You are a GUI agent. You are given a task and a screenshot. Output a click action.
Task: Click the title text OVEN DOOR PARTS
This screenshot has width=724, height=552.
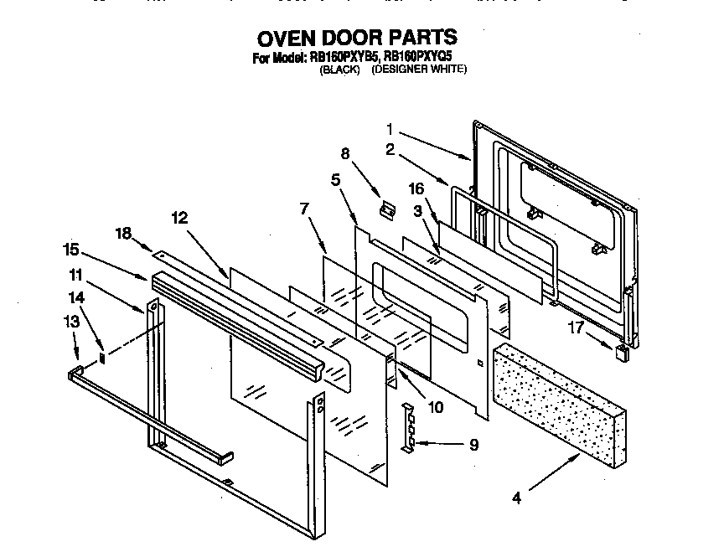tap(357, 38)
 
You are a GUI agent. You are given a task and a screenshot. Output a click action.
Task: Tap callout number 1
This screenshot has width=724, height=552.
tap(390, 129)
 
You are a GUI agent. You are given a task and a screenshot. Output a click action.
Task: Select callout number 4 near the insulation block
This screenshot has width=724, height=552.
tap(517, 498)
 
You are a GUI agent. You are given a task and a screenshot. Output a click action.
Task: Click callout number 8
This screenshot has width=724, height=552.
tap(344, 153)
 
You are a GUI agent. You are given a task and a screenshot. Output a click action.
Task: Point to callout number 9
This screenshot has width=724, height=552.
tap(473, 446)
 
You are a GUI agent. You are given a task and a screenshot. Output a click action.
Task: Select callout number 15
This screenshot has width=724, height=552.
tap(73, 249)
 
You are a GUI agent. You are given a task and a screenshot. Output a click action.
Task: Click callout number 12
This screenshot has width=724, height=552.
tap(179, 218)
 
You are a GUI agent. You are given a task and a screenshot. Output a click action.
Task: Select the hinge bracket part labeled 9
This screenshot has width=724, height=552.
tap(409, 428)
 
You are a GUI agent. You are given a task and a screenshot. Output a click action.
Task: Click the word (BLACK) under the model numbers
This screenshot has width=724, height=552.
tap(339, 70)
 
